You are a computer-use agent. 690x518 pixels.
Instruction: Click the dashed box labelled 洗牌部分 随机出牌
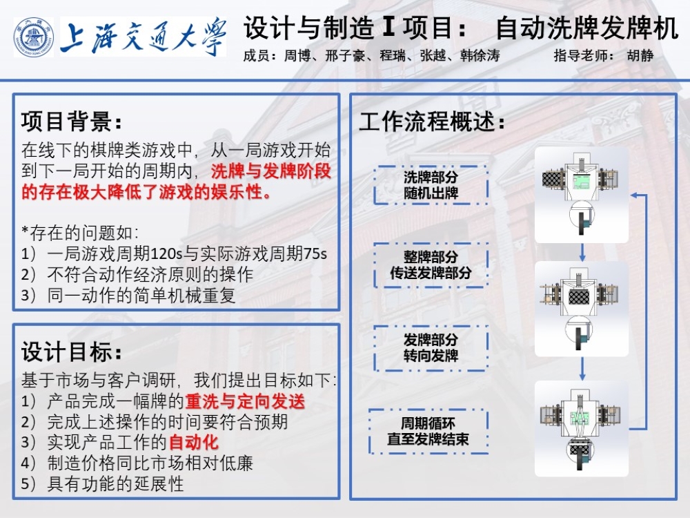pyautogui.click(x=431, y=185)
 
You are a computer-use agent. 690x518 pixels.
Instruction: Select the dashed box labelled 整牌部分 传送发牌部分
pyautogui.click(x=431, y=265)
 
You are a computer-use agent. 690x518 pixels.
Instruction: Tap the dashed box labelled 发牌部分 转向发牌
pyautogui.click(x=431, y=348)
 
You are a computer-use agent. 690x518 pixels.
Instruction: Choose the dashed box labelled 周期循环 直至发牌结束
pyautogui.click(x=428, y=431)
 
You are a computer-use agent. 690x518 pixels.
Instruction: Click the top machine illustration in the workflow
pyautogui.click(x=582, y=195)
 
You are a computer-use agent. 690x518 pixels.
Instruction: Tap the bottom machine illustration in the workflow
pyautogui.click(x=582, y=428)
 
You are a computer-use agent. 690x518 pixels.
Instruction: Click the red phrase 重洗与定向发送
pyautogui.click(x=245, y=401)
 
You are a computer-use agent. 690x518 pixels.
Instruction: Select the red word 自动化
pyautogui.click(x=194, y=442)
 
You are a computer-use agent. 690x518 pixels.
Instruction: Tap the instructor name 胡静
pyautogui.click(x=640, y=56)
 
